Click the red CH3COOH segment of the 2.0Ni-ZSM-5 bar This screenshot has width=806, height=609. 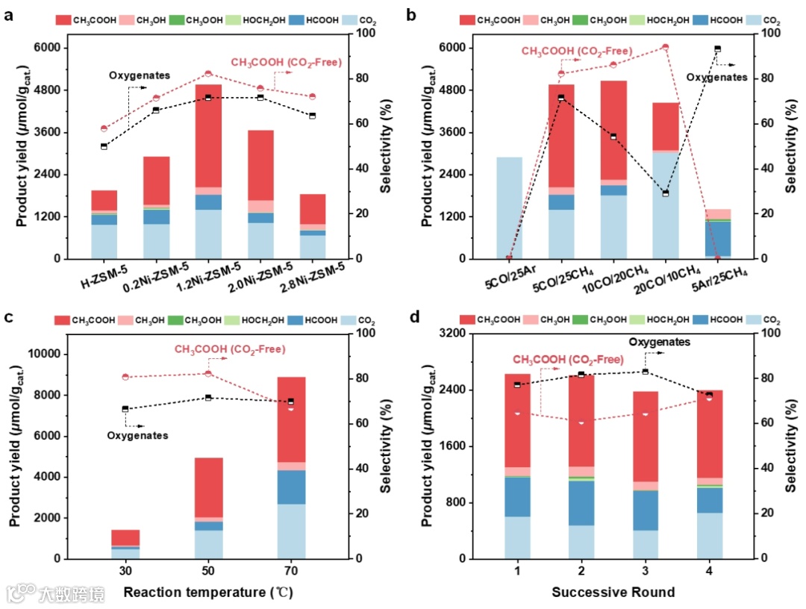click(x=260, y=165)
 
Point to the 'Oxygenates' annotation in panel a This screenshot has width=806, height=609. click(x=140, y=75)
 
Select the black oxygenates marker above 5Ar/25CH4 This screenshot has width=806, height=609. click(x=717, y=49)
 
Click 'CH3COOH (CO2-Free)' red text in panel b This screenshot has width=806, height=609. click(x=576, y=51)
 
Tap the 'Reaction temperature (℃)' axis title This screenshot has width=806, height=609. click(x=208, y=593)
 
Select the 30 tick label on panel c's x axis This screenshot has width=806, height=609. click(x=125, y=571)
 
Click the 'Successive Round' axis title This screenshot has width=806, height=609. click(x=613, y=593)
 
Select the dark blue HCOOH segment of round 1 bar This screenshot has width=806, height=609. click(x=516, y=496)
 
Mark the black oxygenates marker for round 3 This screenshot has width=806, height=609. click(x=645, y=372)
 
